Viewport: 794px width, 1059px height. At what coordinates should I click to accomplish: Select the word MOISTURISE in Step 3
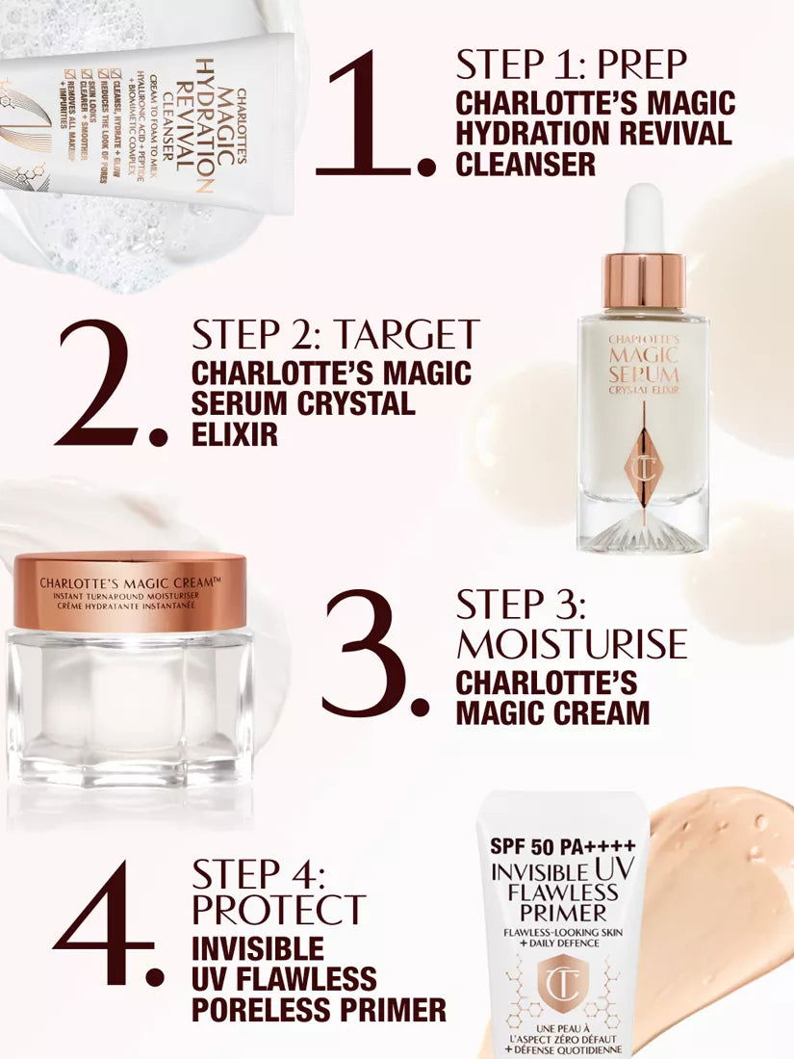pyautogui.click(x=572, y=643)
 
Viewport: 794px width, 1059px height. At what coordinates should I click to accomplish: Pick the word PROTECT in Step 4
pyautogui.click(x=278, y=909)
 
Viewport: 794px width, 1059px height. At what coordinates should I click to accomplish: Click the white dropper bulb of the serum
pyautogui.click(x=643, y=217)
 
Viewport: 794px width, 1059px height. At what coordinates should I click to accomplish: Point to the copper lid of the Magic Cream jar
pyautogui.click(x=129, y=590)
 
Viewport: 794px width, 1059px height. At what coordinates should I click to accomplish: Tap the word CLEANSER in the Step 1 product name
pyautogui.click(x=525, y=164)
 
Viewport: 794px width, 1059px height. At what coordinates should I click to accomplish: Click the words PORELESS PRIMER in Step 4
pyautogui.click(x=319, y=1009)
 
